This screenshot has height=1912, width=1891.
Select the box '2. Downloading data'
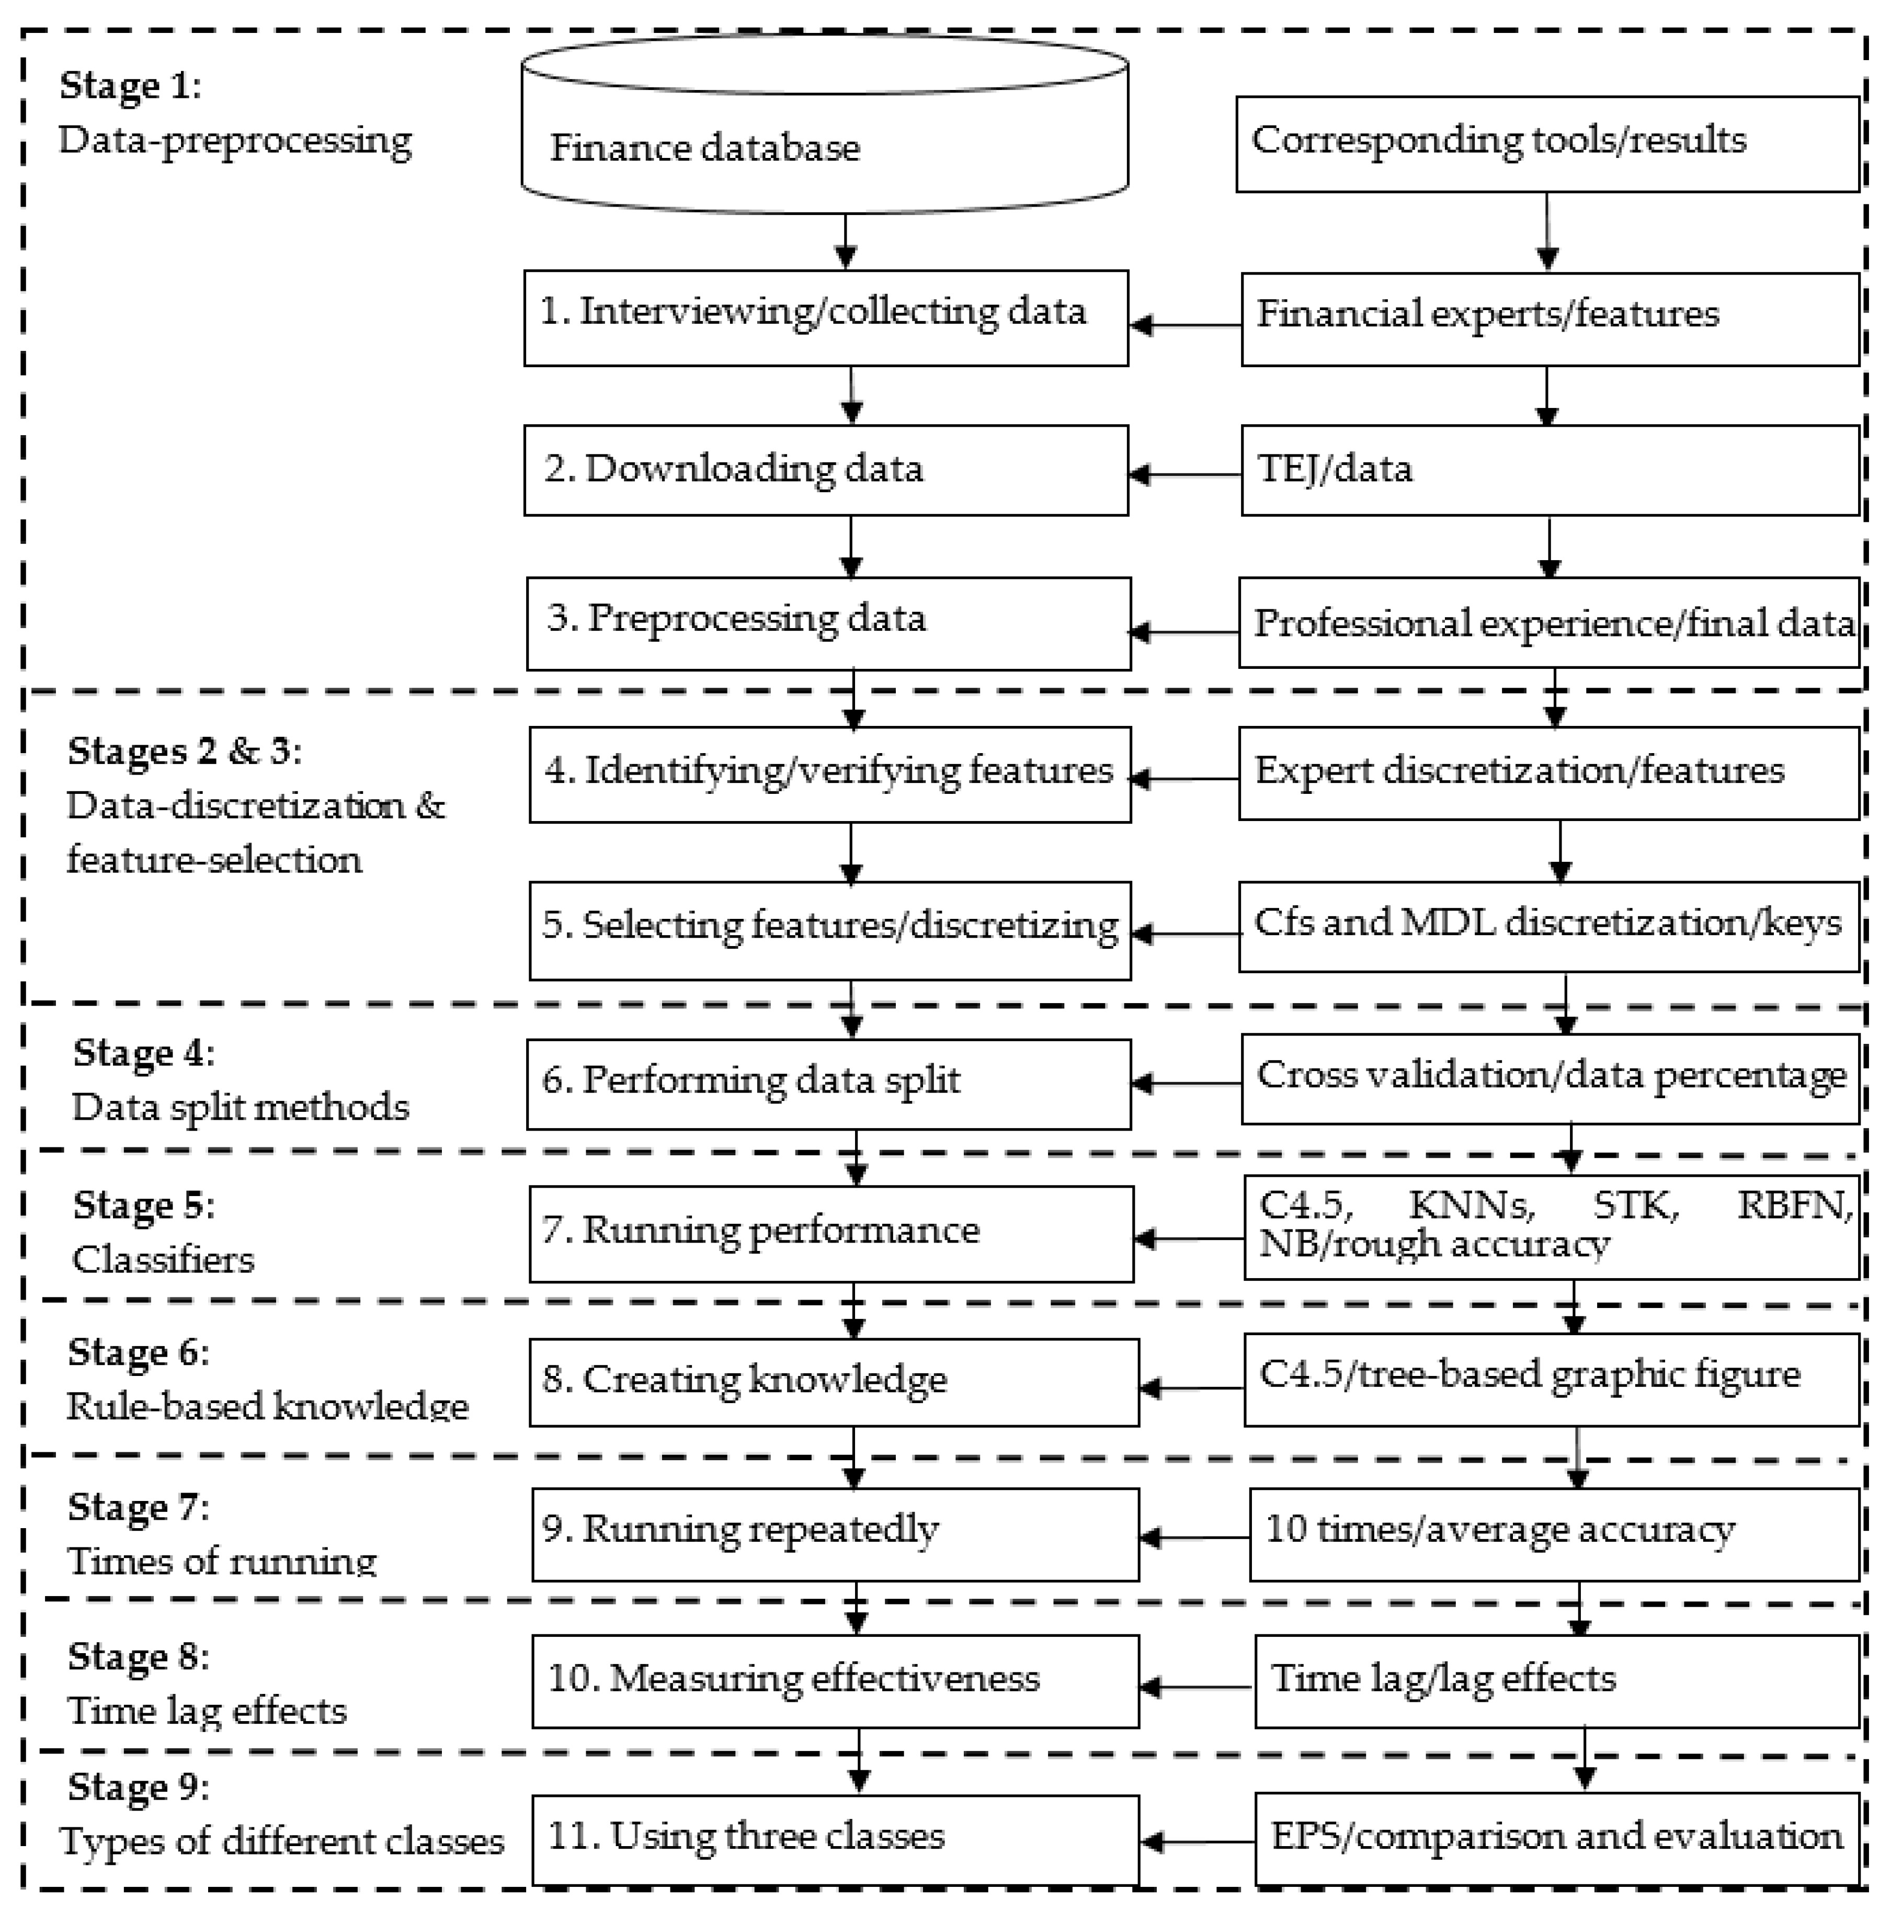(825, 470)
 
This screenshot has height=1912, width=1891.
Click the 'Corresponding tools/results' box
(1547, 143)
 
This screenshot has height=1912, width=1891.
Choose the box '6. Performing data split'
(828, 1084)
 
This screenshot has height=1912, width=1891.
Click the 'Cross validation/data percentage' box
(1550, 1079)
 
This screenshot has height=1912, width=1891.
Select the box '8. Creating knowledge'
(833, 1383)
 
